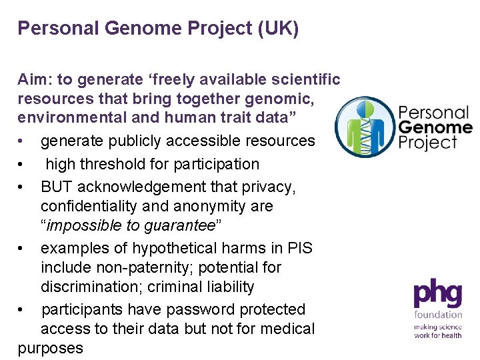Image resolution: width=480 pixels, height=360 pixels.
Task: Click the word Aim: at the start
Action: pos(35,80)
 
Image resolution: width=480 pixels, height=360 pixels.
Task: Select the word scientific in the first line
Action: pos(304,80)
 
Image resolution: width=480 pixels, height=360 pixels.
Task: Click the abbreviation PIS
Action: pos(297,248)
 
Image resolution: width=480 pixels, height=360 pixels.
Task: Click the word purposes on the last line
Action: pos(51,348)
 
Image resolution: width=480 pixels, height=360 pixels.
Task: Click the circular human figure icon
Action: pos(364,127)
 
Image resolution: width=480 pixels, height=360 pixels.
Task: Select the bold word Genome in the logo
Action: pos(435,127)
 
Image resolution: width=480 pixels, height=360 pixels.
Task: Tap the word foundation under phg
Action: pos(438,315)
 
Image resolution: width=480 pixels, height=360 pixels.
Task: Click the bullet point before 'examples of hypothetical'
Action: pos(22,249)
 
